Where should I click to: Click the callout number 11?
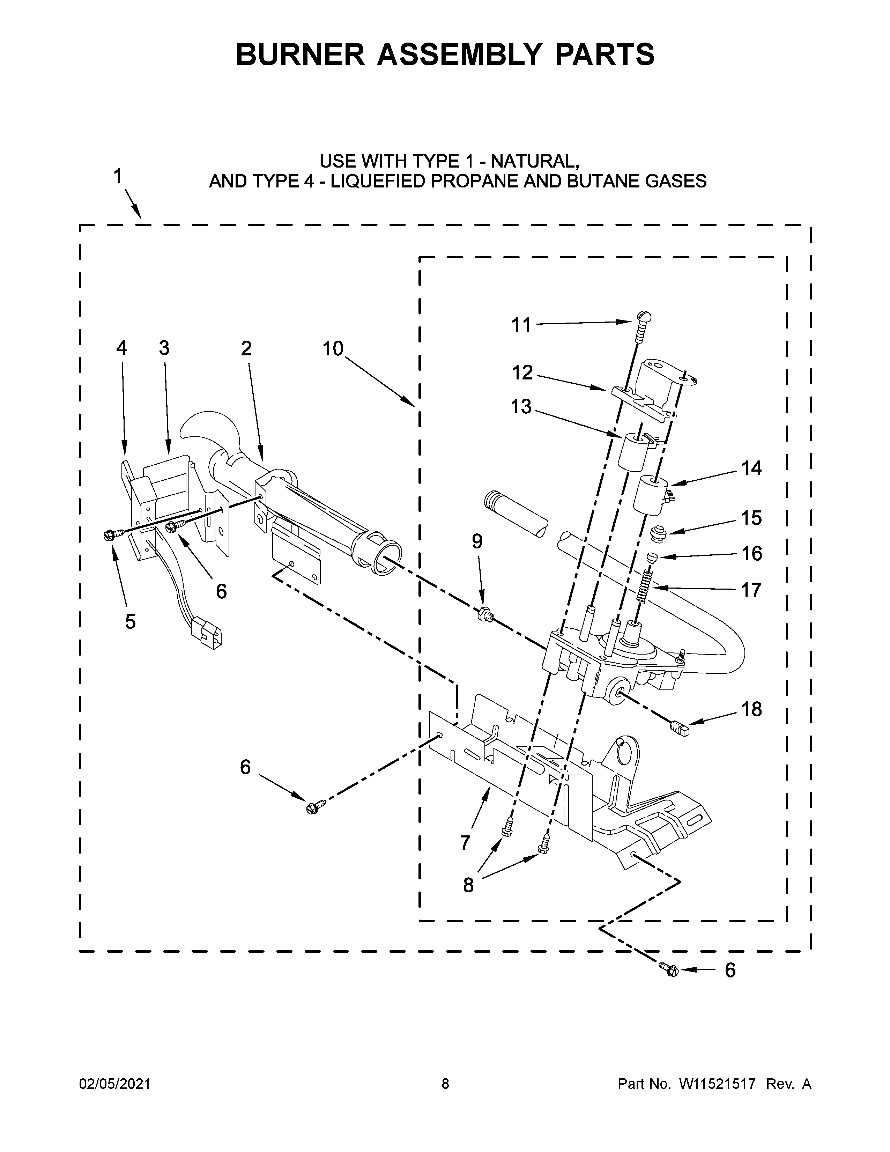521,325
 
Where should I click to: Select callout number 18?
751,709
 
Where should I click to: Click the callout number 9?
477,541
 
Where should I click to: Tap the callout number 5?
130,621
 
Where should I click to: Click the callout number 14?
751,468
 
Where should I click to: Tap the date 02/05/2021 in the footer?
114,1084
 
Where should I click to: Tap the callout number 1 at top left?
118,176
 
